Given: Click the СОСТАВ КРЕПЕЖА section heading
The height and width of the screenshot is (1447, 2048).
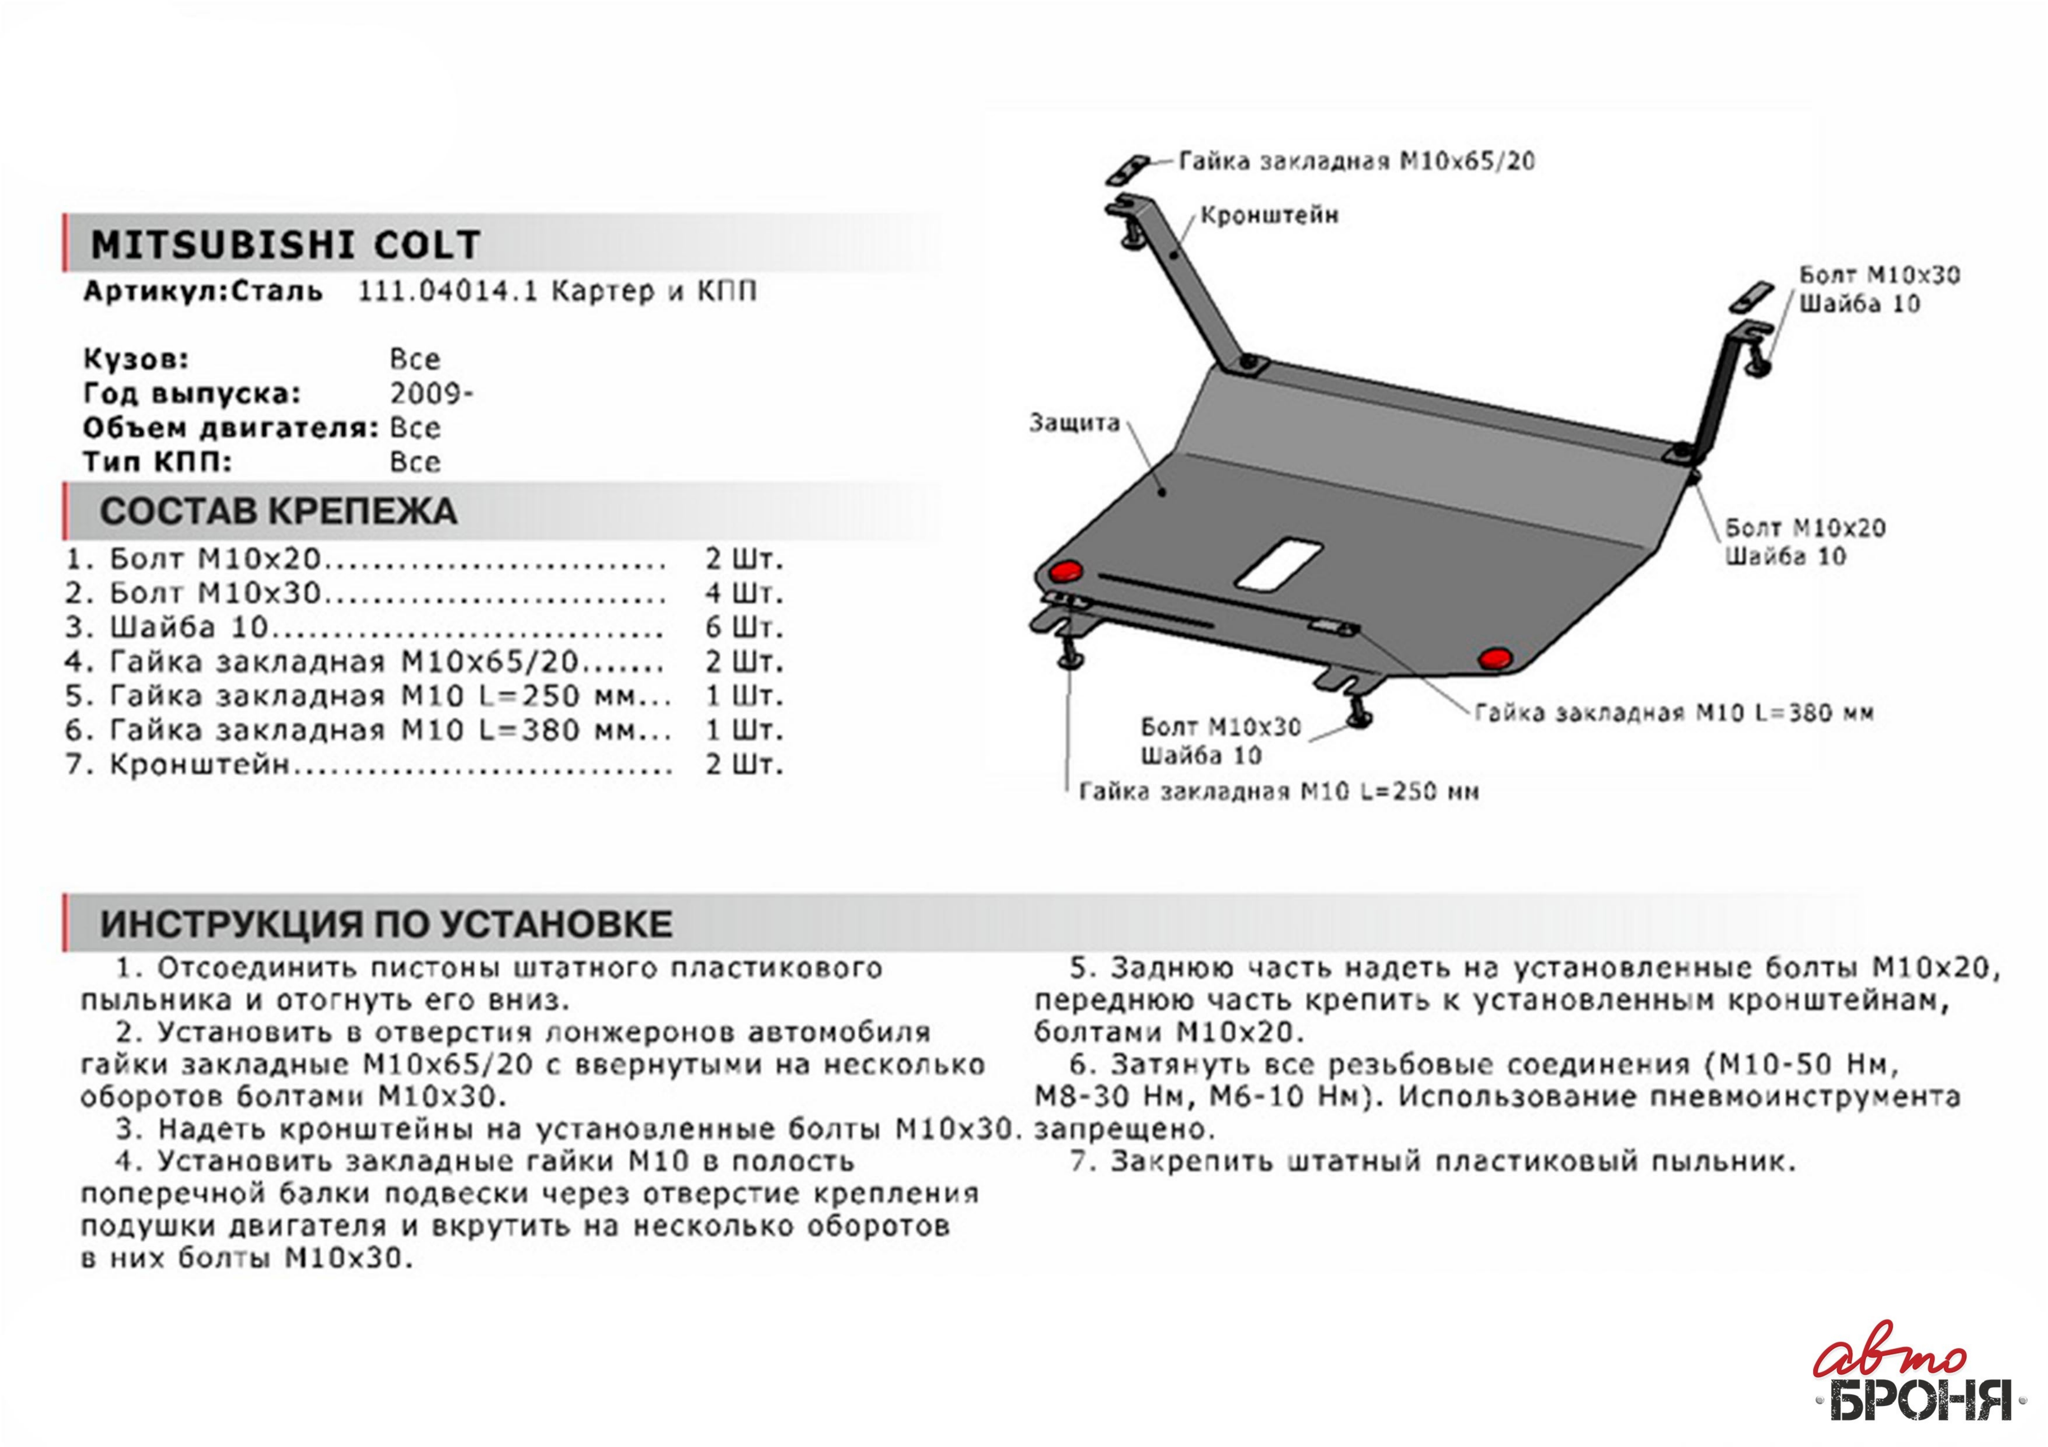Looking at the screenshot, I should click(x=278, y=511).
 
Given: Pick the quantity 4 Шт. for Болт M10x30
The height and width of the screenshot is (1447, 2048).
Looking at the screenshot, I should click(x=744, y=593).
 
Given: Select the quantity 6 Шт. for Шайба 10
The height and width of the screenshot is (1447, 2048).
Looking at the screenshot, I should click(x=744, y=628).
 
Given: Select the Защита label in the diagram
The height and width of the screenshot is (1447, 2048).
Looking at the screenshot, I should click(x=1074, y=423).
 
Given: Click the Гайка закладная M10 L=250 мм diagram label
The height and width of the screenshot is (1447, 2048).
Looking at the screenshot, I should click(x=1278, y=791).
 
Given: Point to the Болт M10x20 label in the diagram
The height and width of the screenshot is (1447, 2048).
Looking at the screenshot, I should click(x=1805, y=528).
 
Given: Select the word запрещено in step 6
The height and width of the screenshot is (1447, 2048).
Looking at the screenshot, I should click(x=1125, y=1130).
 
